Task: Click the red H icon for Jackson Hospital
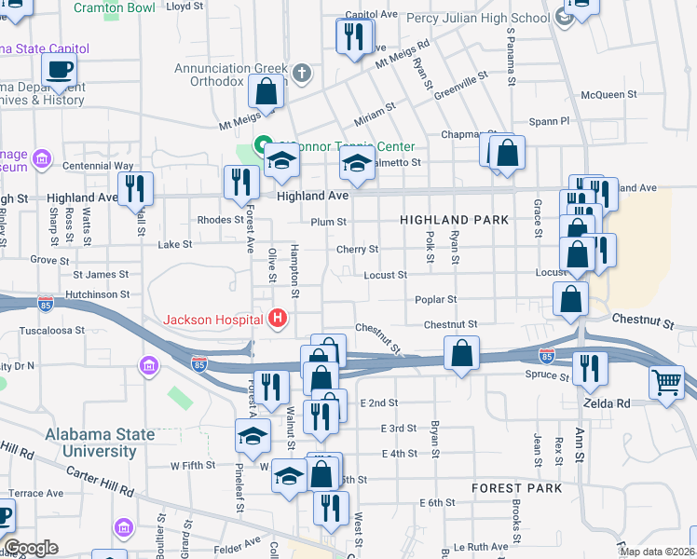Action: [x=277, y=319]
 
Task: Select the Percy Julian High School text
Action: [x=480, y=19]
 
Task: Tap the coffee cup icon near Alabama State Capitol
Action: [x=59, y=68]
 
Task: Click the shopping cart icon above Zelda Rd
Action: [x=666, y=381]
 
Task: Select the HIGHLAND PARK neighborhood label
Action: [x=454, y=220]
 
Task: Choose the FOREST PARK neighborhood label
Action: [x=516, y=488]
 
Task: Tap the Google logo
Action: [x=30, y=548]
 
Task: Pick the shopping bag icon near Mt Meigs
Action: [x=266, y=92]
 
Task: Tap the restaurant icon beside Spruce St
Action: [x=590, y=367]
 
